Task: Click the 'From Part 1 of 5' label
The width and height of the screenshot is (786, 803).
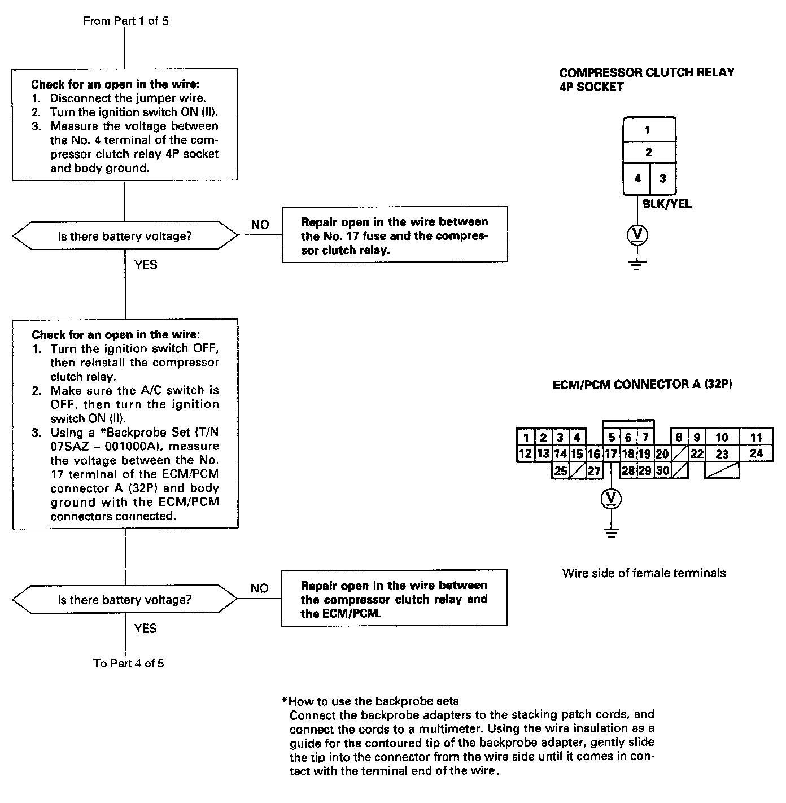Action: point(125,21)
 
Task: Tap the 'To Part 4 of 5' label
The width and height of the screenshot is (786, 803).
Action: point(129,663)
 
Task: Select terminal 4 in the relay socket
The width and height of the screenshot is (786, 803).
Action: point(637,178)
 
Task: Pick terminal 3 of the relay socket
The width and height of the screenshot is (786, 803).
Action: point(662,178)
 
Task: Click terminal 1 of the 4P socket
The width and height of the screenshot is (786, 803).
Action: point(648,130)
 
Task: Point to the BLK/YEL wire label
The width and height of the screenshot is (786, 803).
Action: point(667,204)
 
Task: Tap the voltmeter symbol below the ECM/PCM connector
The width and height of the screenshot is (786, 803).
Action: point(610,498)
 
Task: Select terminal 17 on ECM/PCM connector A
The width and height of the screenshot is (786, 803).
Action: point(611,454)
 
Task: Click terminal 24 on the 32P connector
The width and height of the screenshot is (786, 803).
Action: point(756,453)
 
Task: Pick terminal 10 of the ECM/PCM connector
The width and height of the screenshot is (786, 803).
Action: point(722,437)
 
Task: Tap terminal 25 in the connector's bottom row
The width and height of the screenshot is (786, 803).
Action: point(560,470)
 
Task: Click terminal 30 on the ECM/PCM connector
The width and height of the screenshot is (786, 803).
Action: point(662,470)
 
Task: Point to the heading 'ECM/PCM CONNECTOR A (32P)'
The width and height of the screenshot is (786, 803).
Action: point(642,385)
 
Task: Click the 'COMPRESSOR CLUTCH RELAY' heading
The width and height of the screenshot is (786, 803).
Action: point(647,73)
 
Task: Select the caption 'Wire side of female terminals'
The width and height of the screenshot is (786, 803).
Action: point(644,573)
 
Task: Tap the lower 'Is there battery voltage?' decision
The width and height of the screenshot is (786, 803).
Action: point(125,600)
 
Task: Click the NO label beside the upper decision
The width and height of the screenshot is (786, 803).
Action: point(260,225)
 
